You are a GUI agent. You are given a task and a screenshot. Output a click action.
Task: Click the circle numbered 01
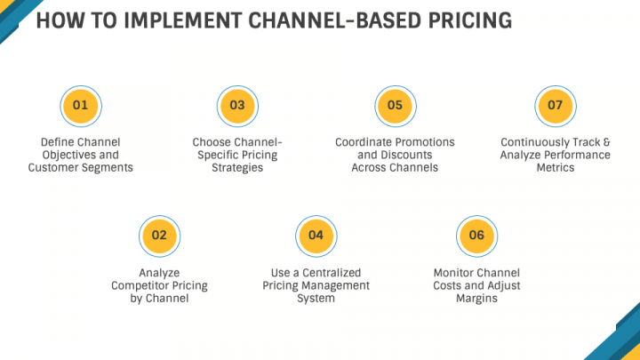coord(81,106)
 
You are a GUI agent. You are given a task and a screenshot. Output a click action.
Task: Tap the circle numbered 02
coord(159,236)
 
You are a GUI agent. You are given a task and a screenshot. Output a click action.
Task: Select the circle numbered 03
coord(237,106)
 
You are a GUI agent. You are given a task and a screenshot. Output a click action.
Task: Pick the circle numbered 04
coord(316,236)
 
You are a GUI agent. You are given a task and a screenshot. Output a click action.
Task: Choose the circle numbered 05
coord(395,106)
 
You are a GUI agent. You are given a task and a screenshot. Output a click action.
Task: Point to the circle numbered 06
coord(476,236)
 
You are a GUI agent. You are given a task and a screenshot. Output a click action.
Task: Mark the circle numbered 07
coord(556,106)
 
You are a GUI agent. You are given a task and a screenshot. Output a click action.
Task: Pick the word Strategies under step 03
coord(237,168)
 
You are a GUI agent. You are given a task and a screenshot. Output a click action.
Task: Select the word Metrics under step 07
coord(556,168)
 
